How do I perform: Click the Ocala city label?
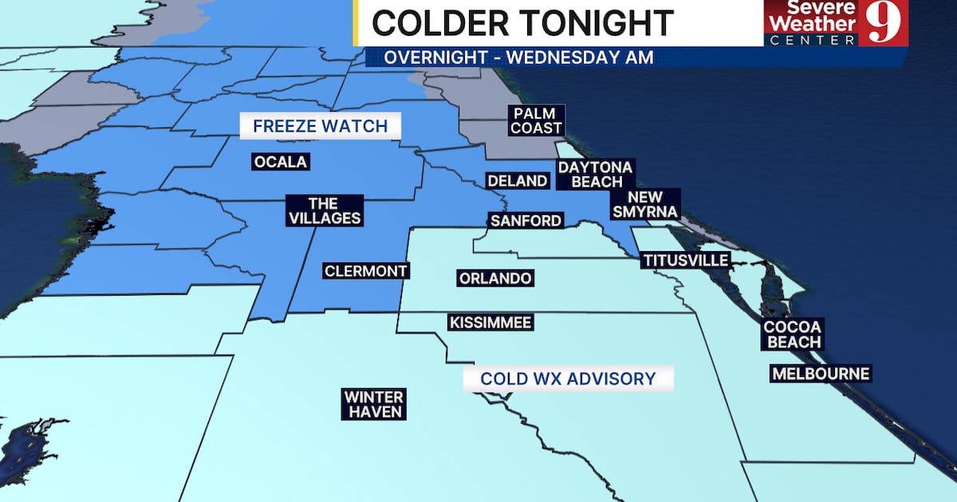tap(280, 163)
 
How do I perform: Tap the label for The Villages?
tap(324, 211)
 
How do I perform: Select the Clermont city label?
tap(366, 271)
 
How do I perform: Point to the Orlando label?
tap(495, 278)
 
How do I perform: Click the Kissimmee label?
tap(490, 323)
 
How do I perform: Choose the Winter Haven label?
tap(374, 404)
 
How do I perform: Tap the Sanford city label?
tap(526, 221)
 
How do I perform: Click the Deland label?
tap(518, 181)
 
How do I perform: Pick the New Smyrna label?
tap(644, 204)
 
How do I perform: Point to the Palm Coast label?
tap(538, 120)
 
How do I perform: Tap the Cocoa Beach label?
tap(792, 334)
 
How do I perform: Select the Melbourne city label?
tap(820, 373)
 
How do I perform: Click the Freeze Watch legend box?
tap(320, 126)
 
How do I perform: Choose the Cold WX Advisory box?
tap(568, 378)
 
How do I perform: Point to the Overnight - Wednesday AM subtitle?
tap(518, 57)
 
